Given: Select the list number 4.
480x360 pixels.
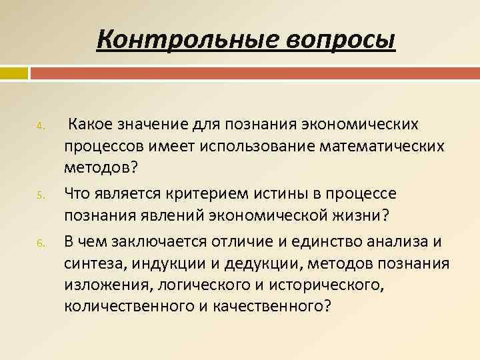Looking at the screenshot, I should pyautogui.click(x=40, y=126).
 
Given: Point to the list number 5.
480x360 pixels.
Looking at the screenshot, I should pyautogui.click(x=40, y=195).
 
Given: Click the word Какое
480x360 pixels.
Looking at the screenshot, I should pyautogui.click(x=91, y=124).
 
